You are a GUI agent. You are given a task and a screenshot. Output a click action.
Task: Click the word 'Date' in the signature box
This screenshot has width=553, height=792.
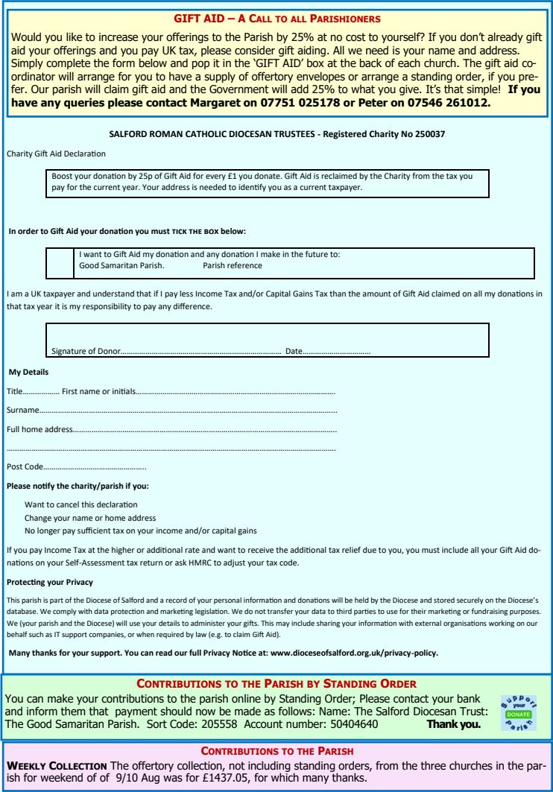pyautogui.click(x=294, y=350)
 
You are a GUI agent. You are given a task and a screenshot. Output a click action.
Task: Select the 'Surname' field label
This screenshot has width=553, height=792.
pyautogui.click(x=22, y=410)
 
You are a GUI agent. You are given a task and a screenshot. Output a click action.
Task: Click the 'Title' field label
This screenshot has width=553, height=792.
pyautogui.click(x=15, y=390)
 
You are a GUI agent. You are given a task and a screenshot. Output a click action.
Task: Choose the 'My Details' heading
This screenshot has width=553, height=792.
pyautogui.click(x=28, y=371)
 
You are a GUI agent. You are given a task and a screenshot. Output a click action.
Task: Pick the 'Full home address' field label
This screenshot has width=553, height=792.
pyautogui.click(x=39, y=429)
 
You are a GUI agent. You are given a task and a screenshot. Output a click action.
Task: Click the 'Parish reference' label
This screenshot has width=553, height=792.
pyautogui.click(x=232, y=265)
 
